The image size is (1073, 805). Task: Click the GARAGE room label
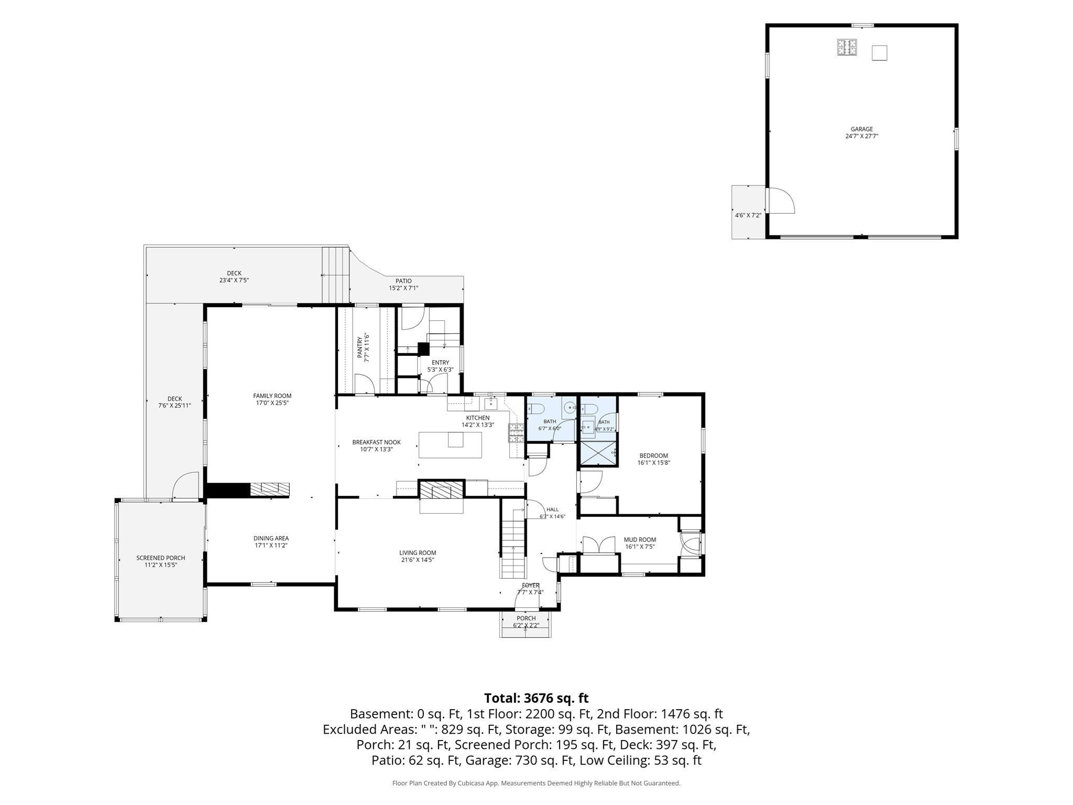coord(861,129)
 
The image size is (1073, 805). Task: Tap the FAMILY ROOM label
coord(272,396)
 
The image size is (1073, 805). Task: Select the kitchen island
coord(450,444)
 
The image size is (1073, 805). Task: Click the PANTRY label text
coord(360,347)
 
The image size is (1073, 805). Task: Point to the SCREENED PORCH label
coord(161,558)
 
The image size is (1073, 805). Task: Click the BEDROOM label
coord(653,455)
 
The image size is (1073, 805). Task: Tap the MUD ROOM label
coord(640,539)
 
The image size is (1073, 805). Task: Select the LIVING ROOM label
coord(418,552)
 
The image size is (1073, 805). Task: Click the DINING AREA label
coord(271,538)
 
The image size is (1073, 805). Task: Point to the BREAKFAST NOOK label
coord(376,442)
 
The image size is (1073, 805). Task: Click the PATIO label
coord(403,281)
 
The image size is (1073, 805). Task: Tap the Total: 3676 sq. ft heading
coord(536,698)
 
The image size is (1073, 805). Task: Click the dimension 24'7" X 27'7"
coord(861,136)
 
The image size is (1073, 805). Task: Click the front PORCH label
coord(526,618)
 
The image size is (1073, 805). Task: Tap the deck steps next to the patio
coord(335,274)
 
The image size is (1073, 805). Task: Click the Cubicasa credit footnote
coord(536,783)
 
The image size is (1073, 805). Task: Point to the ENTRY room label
coord(440,362)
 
